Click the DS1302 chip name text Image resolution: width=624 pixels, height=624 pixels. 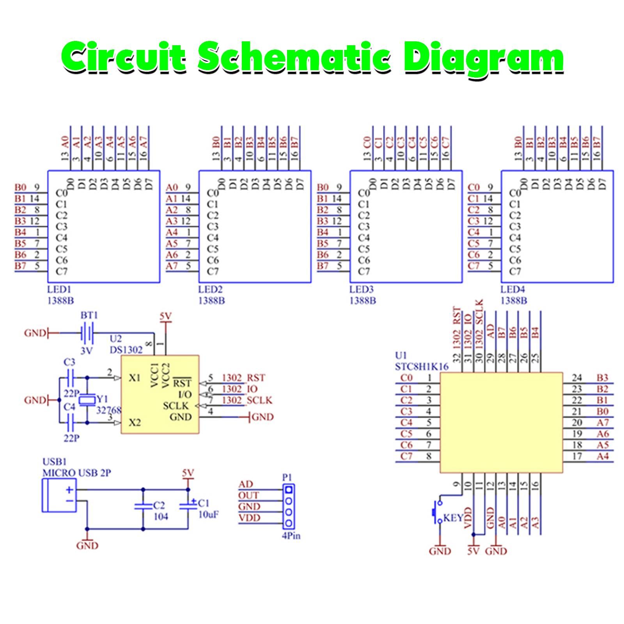[x=126, y=350]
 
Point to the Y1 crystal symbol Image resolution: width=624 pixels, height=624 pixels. [x=87, y=399]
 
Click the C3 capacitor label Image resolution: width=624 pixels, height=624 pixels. [x=69, y=362]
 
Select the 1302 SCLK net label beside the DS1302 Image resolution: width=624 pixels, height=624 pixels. [x=247, y=400]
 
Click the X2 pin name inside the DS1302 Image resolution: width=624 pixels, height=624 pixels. [x=135, y=422]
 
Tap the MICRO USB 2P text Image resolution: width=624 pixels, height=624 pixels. [x=76, y=473]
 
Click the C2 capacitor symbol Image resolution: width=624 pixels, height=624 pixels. [x=143, y=506]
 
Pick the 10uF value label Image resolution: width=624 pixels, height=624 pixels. [x=209, y=514]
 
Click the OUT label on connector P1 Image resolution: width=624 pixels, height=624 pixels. [x=248, y=495]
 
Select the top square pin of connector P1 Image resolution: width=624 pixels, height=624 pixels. [x=289, y=489]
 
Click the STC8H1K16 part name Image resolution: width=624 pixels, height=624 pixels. [x=422, y=367]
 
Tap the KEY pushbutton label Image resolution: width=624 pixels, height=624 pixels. [x=453, y=518]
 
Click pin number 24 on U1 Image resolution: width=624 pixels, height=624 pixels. [x=577, y=378]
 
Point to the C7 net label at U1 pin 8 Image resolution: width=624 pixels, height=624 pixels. [x=406, y=456]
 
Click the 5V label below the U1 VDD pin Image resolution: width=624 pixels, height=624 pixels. [x=473, y=551]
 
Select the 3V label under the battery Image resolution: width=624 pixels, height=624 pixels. [x=86, y=351]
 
